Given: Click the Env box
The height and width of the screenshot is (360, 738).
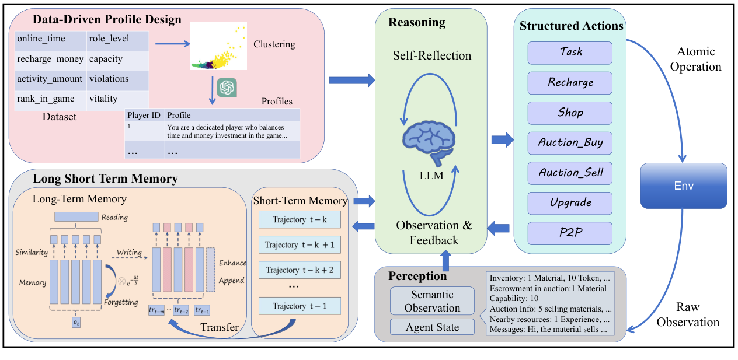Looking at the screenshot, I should coord(684,186).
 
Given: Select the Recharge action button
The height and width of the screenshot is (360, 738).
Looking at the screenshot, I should coord(570,82).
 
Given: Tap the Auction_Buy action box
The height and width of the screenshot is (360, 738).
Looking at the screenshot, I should coord(570,142).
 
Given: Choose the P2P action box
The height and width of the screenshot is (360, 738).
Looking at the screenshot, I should coord(570,233).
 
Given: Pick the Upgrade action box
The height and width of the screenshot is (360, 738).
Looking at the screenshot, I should coord(570,203).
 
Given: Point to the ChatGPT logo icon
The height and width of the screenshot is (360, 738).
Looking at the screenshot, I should coord(227,88).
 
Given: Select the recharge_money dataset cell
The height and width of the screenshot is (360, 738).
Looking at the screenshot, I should coord(49,59).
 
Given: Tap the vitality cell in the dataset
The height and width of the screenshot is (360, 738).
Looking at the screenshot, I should coord(118,99).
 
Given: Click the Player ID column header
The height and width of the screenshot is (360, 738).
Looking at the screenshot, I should coord(144,115).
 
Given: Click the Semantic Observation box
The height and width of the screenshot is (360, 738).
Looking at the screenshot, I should coord(432,301).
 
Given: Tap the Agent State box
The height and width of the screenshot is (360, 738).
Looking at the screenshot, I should coord(432,327).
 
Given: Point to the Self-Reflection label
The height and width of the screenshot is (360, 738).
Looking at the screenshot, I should coord(431,56).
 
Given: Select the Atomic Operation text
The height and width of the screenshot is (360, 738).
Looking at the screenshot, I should coord(695,59).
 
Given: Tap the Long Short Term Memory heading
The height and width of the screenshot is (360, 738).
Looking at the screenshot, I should coord(105,179).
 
